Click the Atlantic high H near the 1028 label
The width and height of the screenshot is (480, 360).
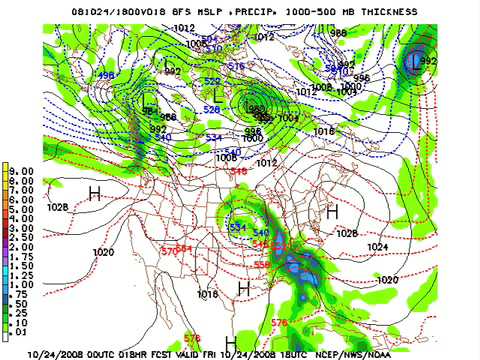pos(332,212)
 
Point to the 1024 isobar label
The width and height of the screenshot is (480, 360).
pos(378,246)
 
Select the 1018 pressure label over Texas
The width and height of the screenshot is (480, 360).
pos(207,294)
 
